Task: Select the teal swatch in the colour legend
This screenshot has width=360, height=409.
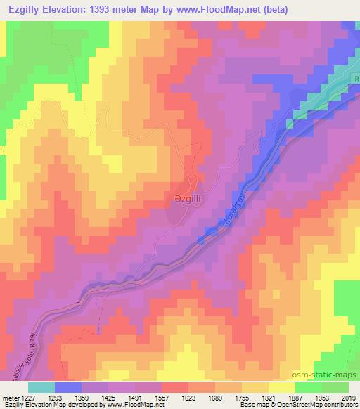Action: coord(41,387)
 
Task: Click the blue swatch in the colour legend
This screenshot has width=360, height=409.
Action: coord(68,387)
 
